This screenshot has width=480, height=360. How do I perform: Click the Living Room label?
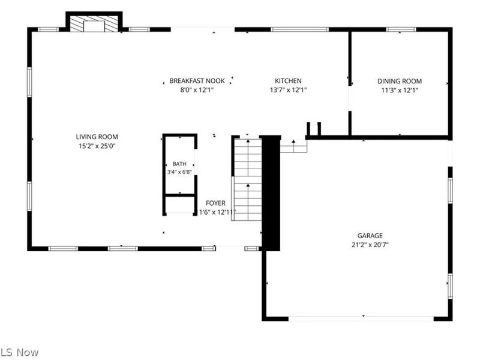[97, 137]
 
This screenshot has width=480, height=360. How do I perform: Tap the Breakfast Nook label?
[197, 81]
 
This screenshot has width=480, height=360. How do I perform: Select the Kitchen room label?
[288, 81]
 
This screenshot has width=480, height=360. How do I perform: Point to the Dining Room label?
[400, 81]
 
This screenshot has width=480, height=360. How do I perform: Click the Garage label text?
[370, 235]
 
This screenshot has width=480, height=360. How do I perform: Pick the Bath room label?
[179, 164]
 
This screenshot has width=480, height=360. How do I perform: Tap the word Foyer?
[215, 203]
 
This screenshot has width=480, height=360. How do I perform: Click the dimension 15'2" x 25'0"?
[97, 146]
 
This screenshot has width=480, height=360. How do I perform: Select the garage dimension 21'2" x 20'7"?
[370, 245]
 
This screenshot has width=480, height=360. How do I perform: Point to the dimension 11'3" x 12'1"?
[400, 91]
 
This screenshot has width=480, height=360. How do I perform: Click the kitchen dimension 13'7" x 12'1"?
[288, 90]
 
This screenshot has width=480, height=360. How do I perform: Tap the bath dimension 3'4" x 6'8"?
[179, 172]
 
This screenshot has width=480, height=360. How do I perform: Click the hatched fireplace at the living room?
[94, 23]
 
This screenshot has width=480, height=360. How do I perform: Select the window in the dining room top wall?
[401, 29]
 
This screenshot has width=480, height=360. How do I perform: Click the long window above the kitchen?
[299, 29]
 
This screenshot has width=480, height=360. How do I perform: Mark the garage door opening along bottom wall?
[361, 319]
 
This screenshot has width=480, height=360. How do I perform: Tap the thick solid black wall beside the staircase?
[271, 193]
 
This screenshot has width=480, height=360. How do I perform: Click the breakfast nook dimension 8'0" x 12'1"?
[197, 90]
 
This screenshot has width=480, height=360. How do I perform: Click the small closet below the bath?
[179, 205]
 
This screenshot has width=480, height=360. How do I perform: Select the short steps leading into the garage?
[293, 146]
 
